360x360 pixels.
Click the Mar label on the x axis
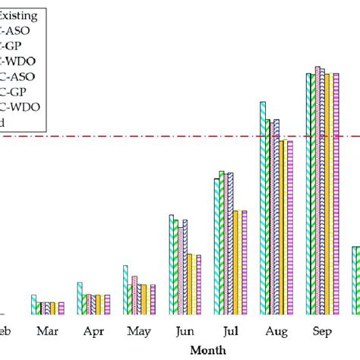click(47, 331)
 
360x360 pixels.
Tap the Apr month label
click(93, 331)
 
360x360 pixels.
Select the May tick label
click(139, 332)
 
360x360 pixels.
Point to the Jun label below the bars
click(185, 331)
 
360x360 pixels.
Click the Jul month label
click(230, 331)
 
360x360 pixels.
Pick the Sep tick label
click(321, 331)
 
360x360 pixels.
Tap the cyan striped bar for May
click(125, 289)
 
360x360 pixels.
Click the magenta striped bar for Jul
click(244, 262)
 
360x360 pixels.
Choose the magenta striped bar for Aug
click(289, 227)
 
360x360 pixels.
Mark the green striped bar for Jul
click(222, 242)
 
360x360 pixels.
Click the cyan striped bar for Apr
click(80, 298)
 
